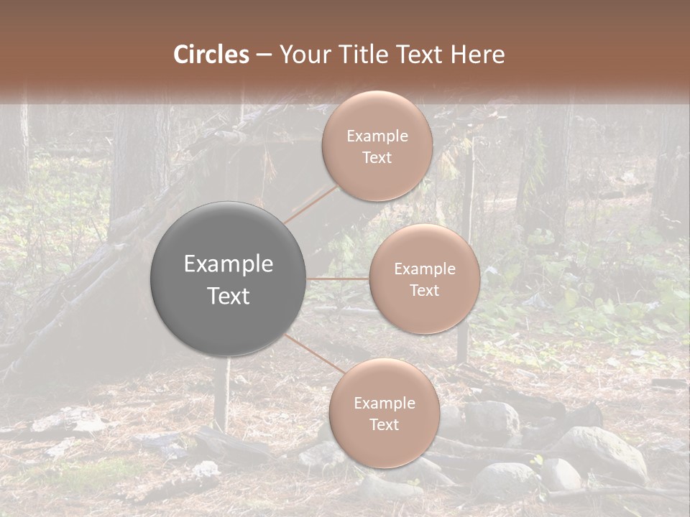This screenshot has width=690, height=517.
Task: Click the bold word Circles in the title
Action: click(211, 55)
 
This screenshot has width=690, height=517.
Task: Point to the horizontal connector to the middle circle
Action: click(338, 279)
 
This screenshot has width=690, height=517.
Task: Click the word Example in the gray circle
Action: click(229, 264)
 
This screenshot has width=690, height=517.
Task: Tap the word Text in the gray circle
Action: click(229, 296)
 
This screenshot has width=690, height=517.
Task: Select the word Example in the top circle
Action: click(377, 136)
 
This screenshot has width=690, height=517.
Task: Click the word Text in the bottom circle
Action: click(384, 424)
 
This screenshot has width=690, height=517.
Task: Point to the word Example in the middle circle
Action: click(425, 269)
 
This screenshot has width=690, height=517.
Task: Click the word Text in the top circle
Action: click(377, 158)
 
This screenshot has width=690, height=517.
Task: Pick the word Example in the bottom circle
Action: click(384, 404)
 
